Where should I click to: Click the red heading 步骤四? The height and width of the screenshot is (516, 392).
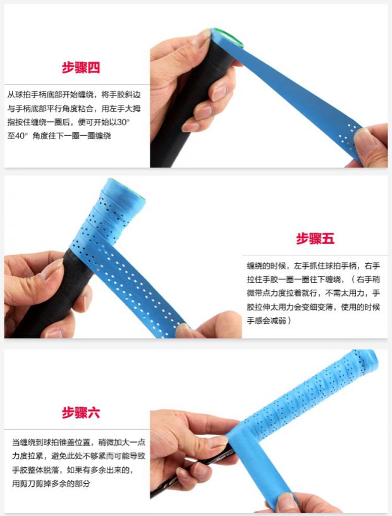click(81, 68)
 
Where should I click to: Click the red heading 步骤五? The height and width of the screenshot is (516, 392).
click(315, 238)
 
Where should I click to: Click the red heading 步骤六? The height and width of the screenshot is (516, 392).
click(81, 412)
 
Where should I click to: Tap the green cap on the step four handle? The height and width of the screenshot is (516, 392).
click(228, 37)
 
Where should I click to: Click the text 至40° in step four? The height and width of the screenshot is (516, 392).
click(18, 135)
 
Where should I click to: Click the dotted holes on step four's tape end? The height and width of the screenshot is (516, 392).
click(348, 135)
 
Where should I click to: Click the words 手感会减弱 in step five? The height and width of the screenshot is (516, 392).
click(267, 320)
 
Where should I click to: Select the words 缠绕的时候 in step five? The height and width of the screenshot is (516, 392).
click(266, 266)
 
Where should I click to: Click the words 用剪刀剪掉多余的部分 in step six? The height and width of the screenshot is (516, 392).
click(51, 483)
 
